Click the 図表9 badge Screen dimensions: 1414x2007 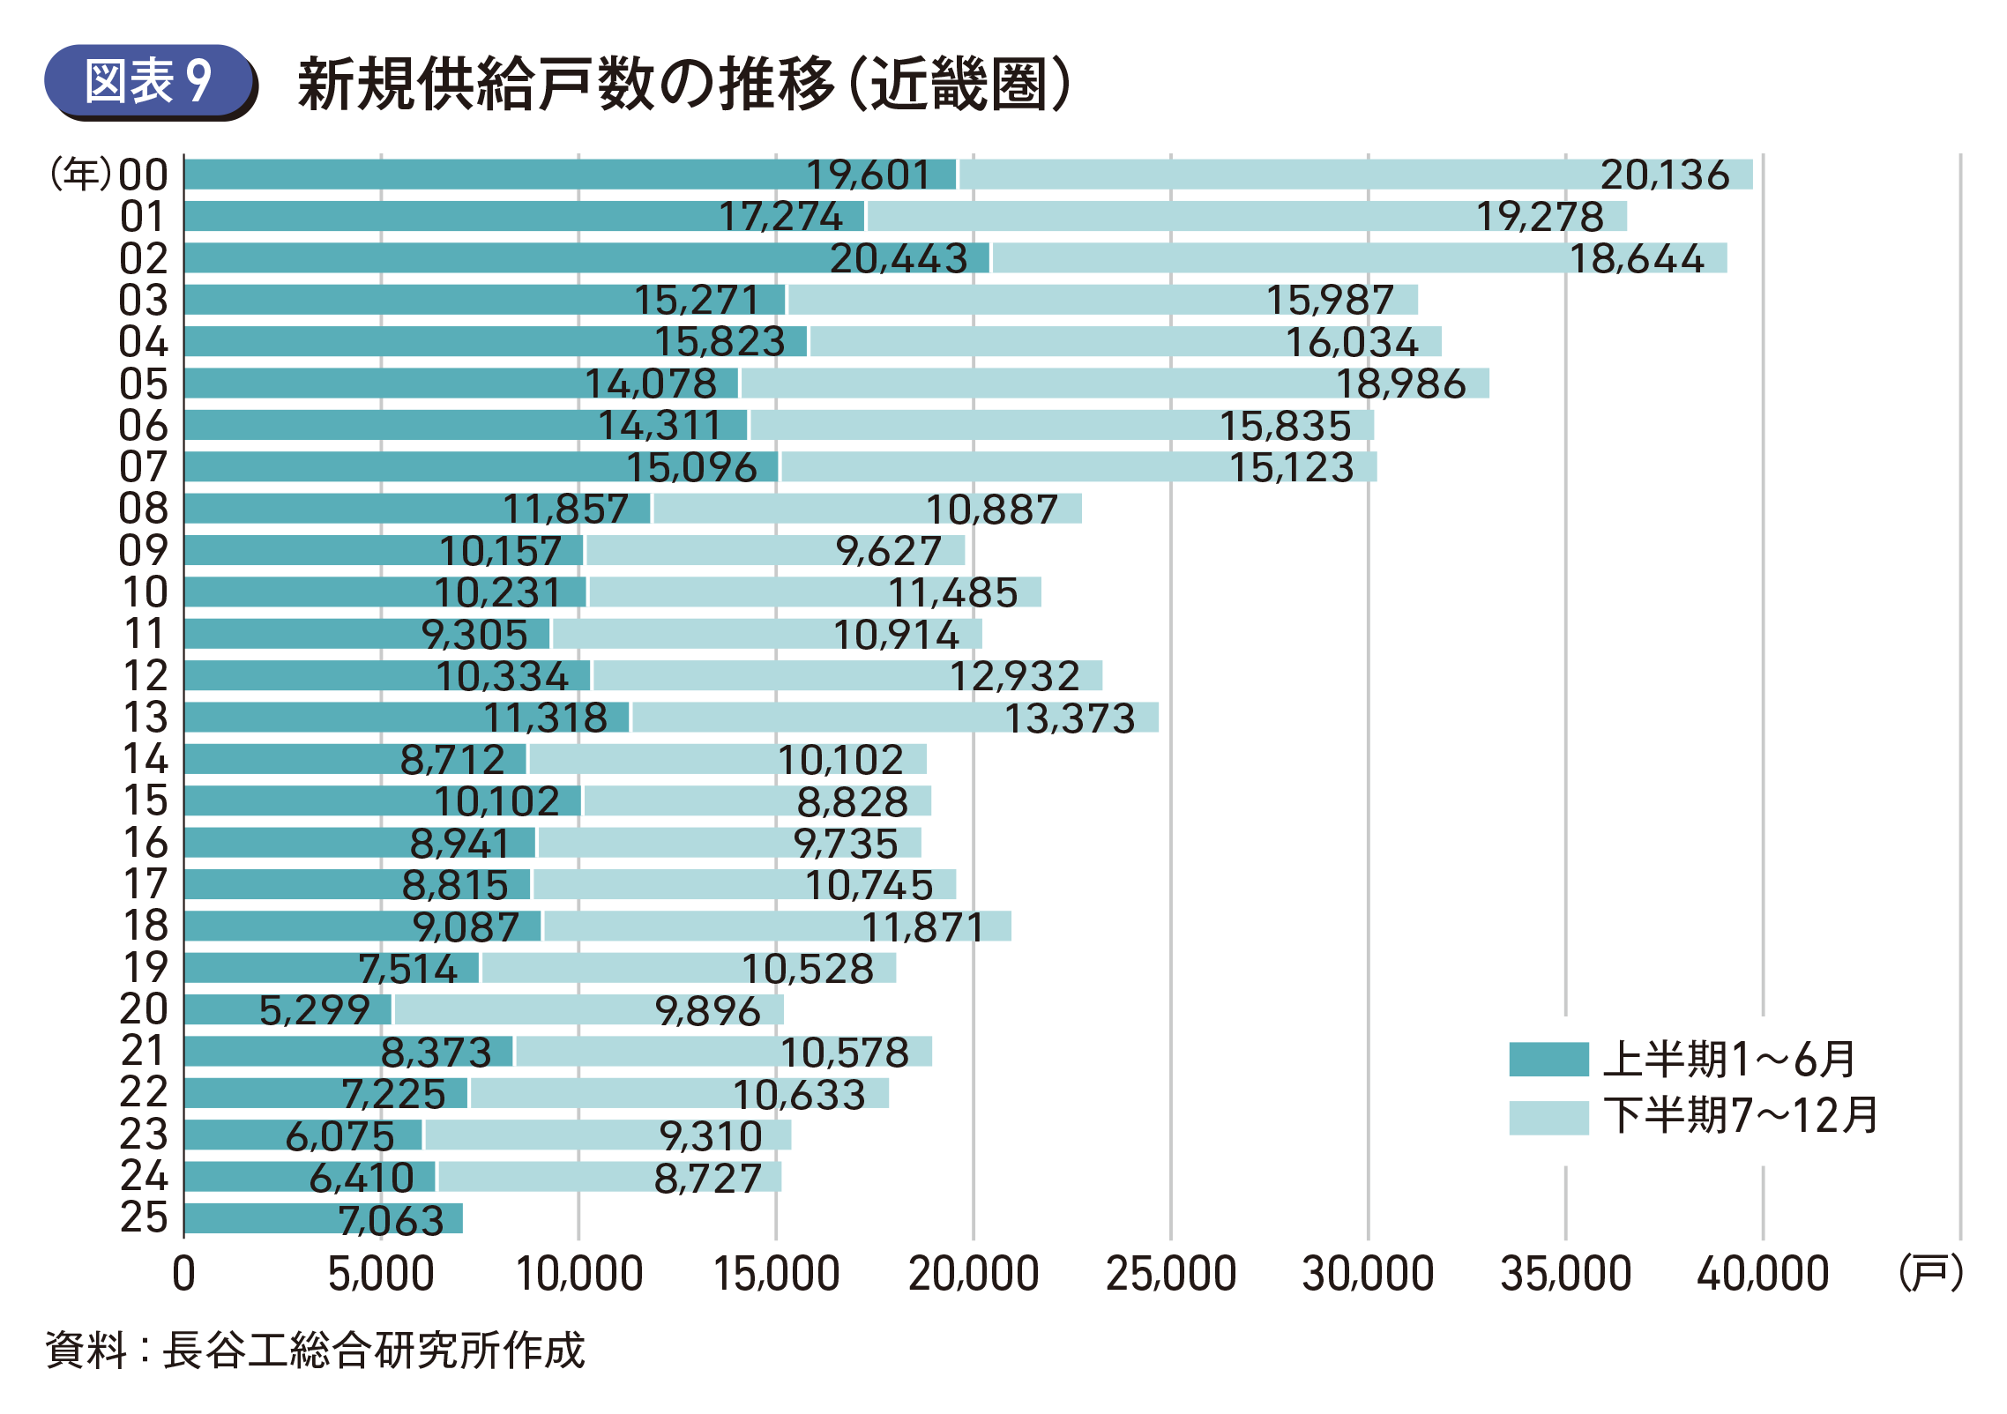click(149, 82)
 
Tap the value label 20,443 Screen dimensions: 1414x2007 click(898, 258)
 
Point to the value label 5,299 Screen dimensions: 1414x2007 click(314, 1009)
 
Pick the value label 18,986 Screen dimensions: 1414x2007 click(1400, 383)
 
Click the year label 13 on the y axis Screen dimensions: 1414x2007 click(145, 717)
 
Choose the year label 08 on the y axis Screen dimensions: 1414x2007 click(144, 509)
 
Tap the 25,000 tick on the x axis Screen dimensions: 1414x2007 click(1170, 1274)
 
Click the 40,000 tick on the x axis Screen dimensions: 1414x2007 click(1762, 1274)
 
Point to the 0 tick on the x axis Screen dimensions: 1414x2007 click(183, 1274)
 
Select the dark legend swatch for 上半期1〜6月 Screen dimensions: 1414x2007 click(1548, 1059)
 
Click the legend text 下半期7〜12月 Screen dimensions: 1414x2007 click(1740, 1115)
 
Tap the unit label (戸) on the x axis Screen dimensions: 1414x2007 click(1930, 1272)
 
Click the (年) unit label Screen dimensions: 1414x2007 click(81, 175)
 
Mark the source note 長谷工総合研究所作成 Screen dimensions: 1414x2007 click(373, 1350)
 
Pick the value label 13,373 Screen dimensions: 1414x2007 click(1069, 718)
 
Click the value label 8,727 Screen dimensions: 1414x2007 click(707, 1178)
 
